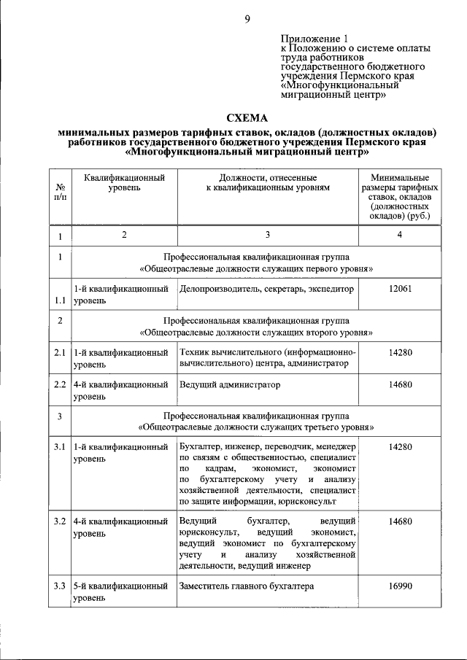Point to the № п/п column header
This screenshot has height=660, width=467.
(60, 193)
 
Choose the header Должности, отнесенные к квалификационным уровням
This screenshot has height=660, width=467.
(267, 182)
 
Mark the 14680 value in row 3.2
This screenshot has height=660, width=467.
(400, 521)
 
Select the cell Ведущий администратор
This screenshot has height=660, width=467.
(229, 384)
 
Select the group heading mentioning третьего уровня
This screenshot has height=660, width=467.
(257, 422)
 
